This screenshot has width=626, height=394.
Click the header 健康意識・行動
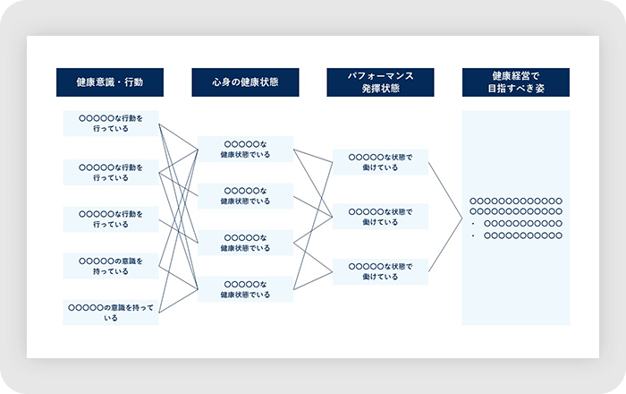click(110, 82)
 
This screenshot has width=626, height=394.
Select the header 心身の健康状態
click(244, 82)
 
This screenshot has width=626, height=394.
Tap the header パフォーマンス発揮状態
click(380, 82)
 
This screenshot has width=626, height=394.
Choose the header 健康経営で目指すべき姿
click(516, 82)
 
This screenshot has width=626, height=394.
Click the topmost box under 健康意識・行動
click(110, 123)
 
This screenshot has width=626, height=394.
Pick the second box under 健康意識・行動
click(110, 172)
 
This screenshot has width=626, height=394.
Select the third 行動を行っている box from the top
click(110, 218)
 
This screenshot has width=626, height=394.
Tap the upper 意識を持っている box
click(110, 265)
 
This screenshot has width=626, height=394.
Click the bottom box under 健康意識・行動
click(110, 312)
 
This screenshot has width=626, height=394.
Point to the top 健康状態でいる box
click(244, 149)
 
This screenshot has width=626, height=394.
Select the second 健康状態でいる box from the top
click(244, 195)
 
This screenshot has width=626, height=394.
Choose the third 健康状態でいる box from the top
click(244, 243)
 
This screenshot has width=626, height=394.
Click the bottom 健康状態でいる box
click(244, 289)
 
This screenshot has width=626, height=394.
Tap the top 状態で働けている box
click(380, 162)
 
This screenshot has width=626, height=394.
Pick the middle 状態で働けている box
click(380, 217)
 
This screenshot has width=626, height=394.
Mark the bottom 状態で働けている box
click(380, 271)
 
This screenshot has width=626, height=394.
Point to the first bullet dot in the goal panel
click(471, 224)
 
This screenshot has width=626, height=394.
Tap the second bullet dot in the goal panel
click(471, 236)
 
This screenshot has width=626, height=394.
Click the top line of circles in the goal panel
click(516, 201)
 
